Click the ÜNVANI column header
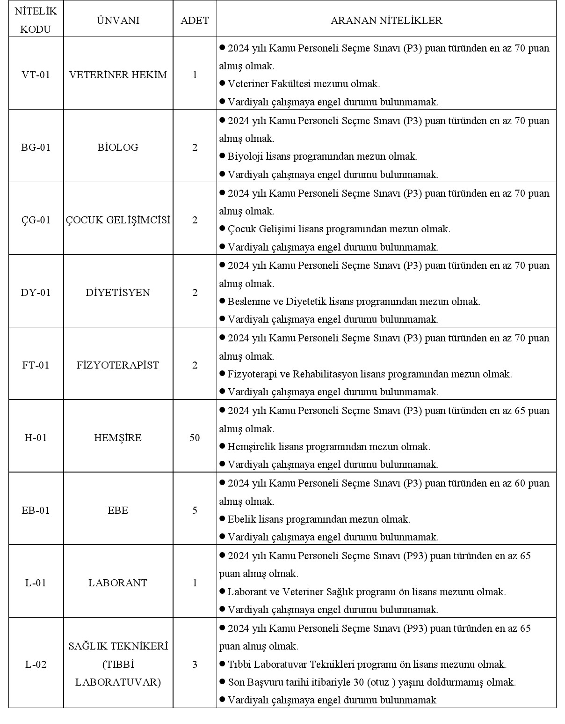118,21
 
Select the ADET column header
195,21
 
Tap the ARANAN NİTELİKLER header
386,21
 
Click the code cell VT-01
36,75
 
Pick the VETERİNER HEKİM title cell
118,75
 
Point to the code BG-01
36,148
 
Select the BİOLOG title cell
118,148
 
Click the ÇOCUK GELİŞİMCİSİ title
118,220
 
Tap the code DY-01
36,293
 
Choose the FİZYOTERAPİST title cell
118,365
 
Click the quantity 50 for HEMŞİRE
195,438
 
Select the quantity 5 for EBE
195,510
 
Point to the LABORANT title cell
118,583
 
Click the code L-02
36,665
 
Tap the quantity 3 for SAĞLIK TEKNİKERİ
195,665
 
